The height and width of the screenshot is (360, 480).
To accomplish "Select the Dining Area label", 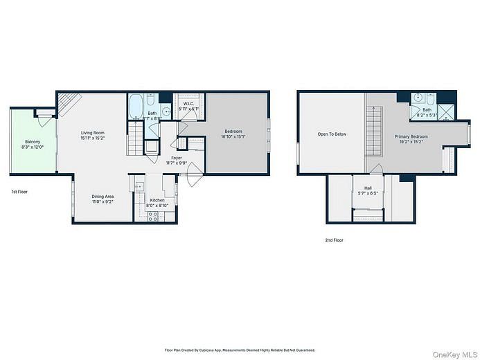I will point(103,196).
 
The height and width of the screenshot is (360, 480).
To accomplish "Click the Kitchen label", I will point(157,199).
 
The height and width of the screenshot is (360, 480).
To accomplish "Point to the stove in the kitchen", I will point(154,215).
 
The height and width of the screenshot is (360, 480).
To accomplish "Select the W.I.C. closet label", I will point(188,104).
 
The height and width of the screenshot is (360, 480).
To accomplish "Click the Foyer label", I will point(177,158).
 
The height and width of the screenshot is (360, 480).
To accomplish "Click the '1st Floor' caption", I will point(19,191).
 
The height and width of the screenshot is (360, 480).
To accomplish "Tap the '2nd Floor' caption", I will point(335,240).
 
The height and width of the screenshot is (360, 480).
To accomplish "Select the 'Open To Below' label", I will point(332,134).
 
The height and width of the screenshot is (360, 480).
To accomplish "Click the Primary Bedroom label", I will point(411,136).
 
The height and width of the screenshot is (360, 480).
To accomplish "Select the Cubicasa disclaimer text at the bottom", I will point(240,350).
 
